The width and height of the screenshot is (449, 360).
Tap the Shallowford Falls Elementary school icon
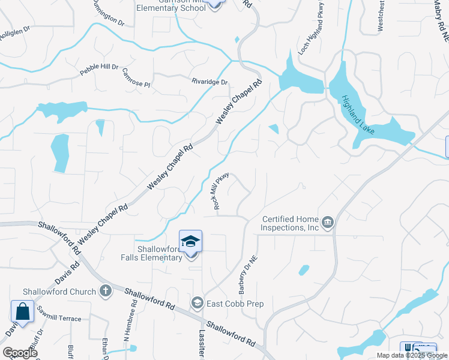191,241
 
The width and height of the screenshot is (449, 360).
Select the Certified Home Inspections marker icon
328,224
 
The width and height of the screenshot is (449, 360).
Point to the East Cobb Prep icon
197,304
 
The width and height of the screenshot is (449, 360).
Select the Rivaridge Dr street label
210,82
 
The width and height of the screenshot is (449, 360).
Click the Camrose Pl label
136,78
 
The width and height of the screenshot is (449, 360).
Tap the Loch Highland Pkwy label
311,33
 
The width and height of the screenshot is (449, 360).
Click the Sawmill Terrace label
58,319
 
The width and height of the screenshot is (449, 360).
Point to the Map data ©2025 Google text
412,355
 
